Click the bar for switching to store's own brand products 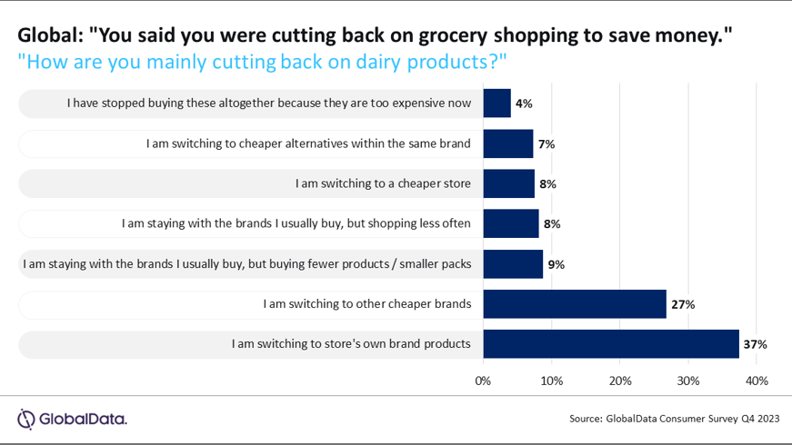point(610,344)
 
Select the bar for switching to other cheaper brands point(574,304)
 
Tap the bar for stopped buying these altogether point(496,103)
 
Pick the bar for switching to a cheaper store point(508,183)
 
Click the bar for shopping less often point(510,223)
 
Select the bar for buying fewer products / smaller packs point(513,263)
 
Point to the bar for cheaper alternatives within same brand point(507,143)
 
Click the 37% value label point(756,344)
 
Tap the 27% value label point(683,304)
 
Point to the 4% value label point(524,104)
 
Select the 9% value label point(556,264)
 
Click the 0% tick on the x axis point(483,381)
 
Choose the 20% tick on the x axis point(620,381)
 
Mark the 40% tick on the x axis point(757,381)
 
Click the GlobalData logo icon point(26,419)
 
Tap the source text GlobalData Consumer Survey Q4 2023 point(674,419)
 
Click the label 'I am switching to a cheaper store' point(383,183)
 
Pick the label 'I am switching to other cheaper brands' point(366,304)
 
